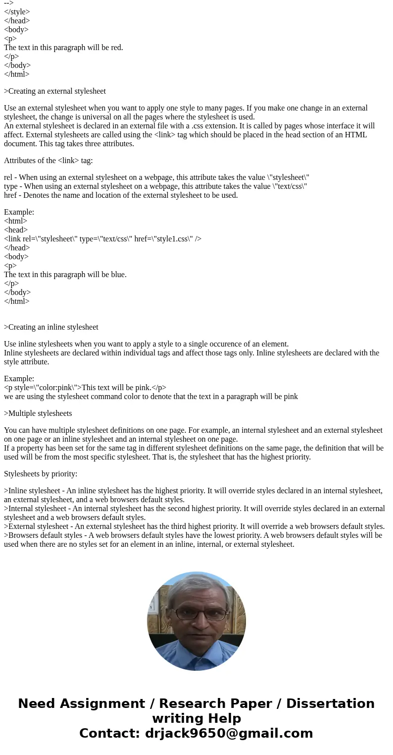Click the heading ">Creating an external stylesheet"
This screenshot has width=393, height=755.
coord(55,91)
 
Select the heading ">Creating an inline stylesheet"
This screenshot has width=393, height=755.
coord(51,327)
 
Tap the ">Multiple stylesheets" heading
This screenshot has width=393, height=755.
coord(38,413)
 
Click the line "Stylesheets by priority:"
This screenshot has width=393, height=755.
coord(41,474)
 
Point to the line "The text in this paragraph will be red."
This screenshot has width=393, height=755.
coord(63,48)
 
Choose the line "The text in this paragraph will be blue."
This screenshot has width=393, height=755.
coord(65,275)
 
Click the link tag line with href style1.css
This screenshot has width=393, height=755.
coord(102,239)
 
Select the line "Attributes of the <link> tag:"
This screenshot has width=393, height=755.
coord(49,161)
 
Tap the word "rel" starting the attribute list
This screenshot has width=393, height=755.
coord(8,177)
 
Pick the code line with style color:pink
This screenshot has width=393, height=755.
coord(85,388)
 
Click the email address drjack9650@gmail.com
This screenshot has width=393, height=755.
coord(229,733)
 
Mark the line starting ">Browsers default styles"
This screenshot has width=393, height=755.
coord(193,535)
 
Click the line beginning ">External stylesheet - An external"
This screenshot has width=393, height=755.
coord(194,526)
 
